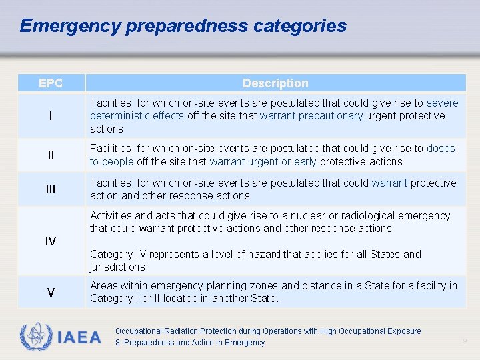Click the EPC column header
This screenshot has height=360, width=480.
(x=51, y=83)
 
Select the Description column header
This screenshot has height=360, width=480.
(x=275, y=83)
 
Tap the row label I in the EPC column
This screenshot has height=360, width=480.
(x=51, y=116)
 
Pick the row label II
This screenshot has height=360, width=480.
(x=51, y=155)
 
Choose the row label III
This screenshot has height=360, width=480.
(x=51, y=189)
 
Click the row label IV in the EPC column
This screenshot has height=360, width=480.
(x=51, y=241)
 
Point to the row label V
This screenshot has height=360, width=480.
(x=51, y=293)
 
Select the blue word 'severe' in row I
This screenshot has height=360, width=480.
(x=443, y=103)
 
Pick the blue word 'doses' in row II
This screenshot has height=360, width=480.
(x=441, y=149)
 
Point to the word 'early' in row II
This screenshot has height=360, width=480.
(x=304, y=162)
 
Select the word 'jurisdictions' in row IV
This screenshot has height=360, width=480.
(x=117, y=267)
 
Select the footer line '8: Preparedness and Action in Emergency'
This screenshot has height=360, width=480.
(x=190, y=343)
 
